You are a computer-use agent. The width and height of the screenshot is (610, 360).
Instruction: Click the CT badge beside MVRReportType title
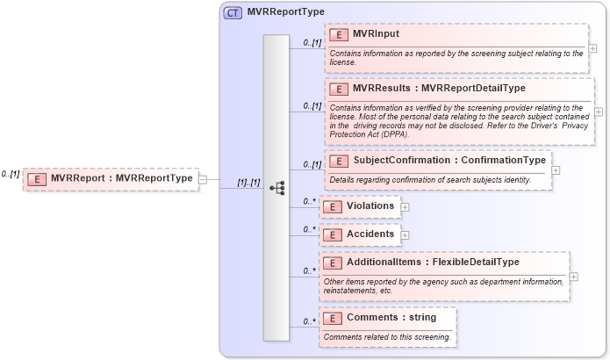tap(233, 13)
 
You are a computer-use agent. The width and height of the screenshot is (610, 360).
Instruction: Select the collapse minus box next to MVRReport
tap(203, 179)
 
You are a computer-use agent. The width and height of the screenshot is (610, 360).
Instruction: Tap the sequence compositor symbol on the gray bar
tap(276, 188)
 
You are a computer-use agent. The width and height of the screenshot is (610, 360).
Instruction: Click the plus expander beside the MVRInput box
tap(593, 48)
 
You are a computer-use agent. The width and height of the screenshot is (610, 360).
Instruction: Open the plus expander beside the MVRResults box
tap(599, 112)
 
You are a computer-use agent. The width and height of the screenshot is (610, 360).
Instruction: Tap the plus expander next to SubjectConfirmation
tap(556, 170)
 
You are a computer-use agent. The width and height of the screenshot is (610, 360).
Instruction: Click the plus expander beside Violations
tap(405, 207)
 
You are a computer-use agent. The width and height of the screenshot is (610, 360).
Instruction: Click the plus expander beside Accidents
tap(405, 235)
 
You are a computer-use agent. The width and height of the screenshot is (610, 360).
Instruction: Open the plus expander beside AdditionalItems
tap(573, 276)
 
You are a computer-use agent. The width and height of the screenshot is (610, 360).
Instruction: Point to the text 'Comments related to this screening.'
tap(387, 337)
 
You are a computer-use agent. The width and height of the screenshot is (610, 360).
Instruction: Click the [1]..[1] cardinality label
tap(248, 182)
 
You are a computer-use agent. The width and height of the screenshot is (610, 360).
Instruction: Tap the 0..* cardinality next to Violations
tap(309, 201)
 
